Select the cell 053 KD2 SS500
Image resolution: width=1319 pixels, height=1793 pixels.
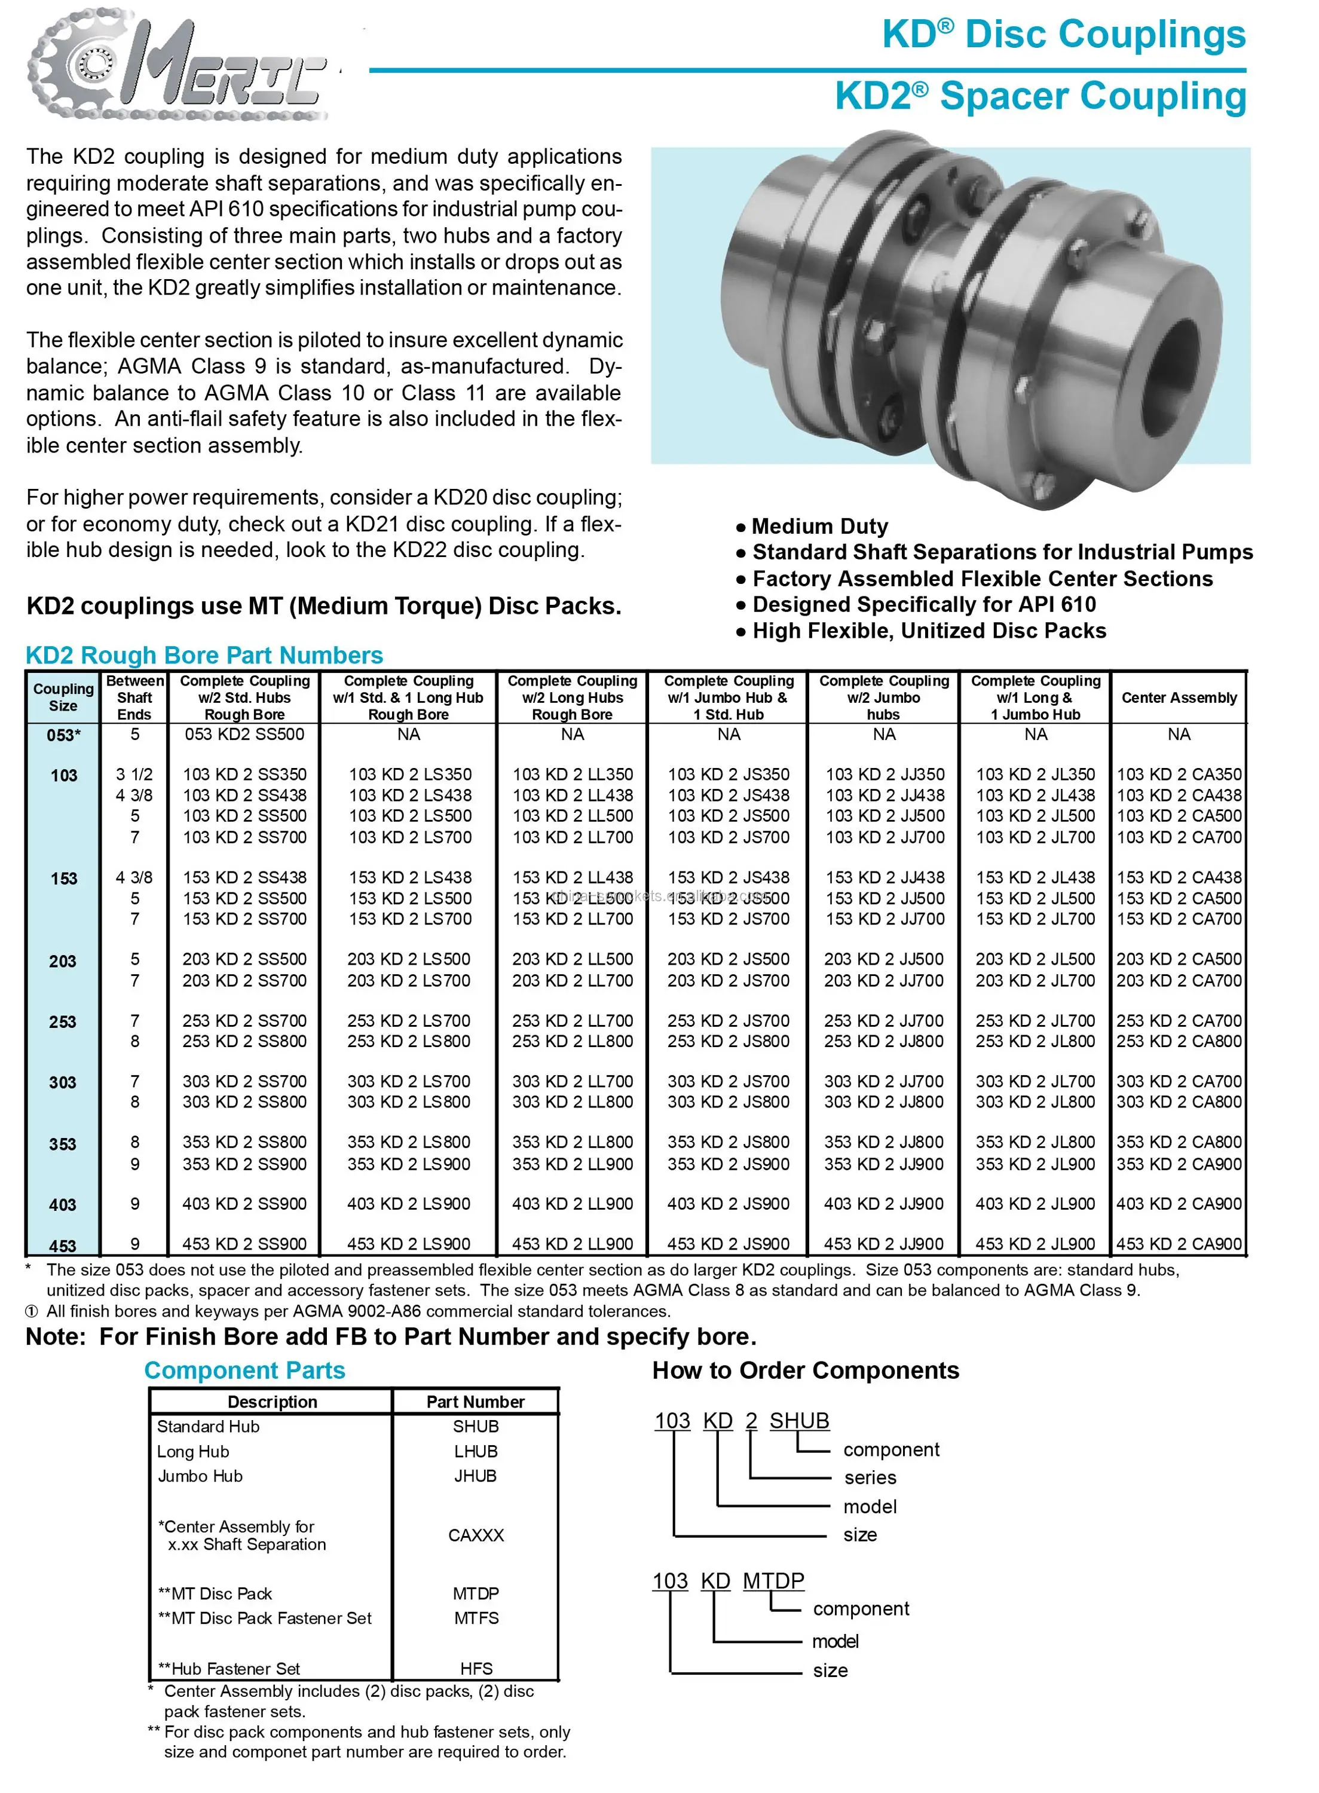(244, 735)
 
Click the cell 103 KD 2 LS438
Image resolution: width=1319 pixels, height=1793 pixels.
(409, 795)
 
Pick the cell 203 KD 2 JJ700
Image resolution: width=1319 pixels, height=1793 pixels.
(884, 980)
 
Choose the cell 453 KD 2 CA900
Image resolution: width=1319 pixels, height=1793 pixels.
(1179, 1244)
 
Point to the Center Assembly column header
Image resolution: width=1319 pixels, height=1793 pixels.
(1179, 697)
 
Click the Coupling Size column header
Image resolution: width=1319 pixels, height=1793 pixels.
(63, 697)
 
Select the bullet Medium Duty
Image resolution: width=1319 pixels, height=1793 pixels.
(819, 527)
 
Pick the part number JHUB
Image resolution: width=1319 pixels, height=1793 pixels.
(475, 1476)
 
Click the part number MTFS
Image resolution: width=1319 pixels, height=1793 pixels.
(476, 1618)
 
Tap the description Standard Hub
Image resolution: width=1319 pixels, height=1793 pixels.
(207, 1427)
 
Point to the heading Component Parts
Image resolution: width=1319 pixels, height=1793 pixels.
(244, 1370)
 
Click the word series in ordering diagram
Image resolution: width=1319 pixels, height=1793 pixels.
(870, 1477)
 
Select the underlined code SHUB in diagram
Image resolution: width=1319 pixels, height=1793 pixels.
(799, 1421)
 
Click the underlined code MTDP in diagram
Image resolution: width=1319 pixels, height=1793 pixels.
(773, 1581)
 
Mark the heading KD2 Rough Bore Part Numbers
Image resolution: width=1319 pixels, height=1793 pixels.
(204, 656)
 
